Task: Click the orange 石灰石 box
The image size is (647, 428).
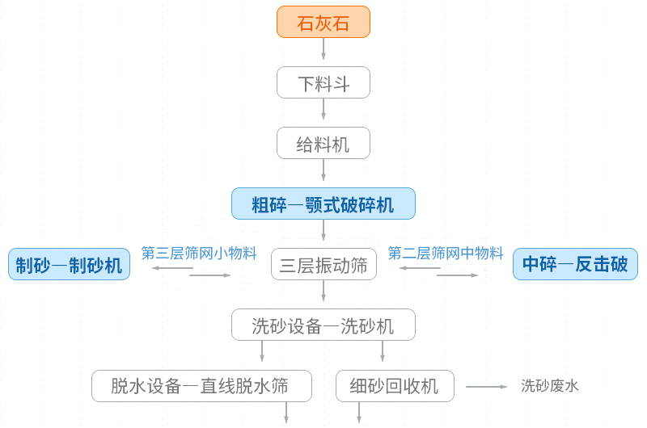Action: click(x=323, y=22)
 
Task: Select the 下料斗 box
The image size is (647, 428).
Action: click(x=323, y=82)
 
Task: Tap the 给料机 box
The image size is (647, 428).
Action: click(x=323, y=143)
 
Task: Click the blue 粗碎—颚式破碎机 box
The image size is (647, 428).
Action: click(x=323, y=204)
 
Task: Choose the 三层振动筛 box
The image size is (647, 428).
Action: click(x=323, y=264)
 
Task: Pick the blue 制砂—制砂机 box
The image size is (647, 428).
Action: click(x=69, y=264)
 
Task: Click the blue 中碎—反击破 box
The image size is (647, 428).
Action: click(x=575, y=264)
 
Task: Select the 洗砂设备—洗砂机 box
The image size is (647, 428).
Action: click(x=323, y=325)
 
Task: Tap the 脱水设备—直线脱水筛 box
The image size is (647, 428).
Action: click(x=201, y=386)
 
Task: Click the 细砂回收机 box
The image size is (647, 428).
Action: click(x=395, y=386)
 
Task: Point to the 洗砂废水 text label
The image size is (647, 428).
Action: click(x=550, y=386)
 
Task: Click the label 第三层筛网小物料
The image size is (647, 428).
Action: click(x=199, y=253)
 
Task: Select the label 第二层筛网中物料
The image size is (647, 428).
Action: click(x=446, y=253)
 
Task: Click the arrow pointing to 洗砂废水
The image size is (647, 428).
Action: click(x=486, y=387)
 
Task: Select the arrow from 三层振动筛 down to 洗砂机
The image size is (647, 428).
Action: click(x=323, y=292)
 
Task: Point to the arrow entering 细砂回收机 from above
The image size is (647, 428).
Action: click(x=383, y=351)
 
